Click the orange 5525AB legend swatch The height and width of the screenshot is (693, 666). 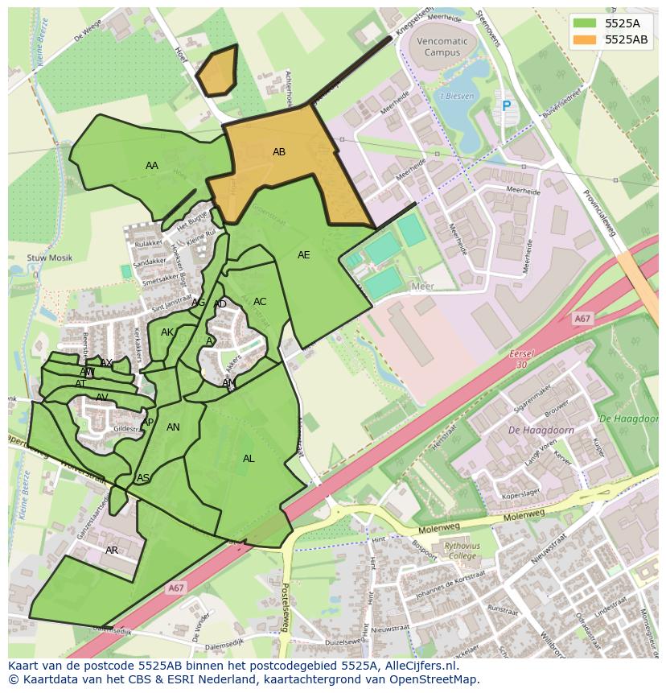586,39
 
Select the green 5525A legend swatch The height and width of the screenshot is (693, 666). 586,23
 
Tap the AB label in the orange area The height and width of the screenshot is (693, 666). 279,152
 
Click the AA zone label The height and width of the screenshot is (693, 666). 152,166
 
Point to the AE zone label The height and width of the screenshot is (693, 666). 303,255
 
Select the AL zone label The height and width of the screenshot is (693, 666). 249,459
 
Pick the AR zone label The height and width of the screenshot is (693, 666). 112,551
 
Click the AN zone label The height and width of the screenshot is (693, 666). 173,427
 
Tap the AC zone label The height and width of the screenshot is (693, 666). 260,302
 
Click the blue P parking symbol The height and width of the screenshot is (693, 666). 506,105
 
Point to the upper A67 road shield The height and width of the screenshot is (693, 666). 582,320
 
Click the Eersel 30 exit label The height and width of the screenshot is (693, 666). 522,359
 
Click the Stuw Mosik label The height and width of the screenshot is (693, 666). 49,258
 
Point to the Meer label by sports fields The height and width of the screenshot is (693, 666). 422,287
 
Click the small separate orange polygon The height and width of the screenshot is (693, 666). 218,72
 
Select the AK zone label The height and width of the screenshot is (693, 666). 167,332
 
